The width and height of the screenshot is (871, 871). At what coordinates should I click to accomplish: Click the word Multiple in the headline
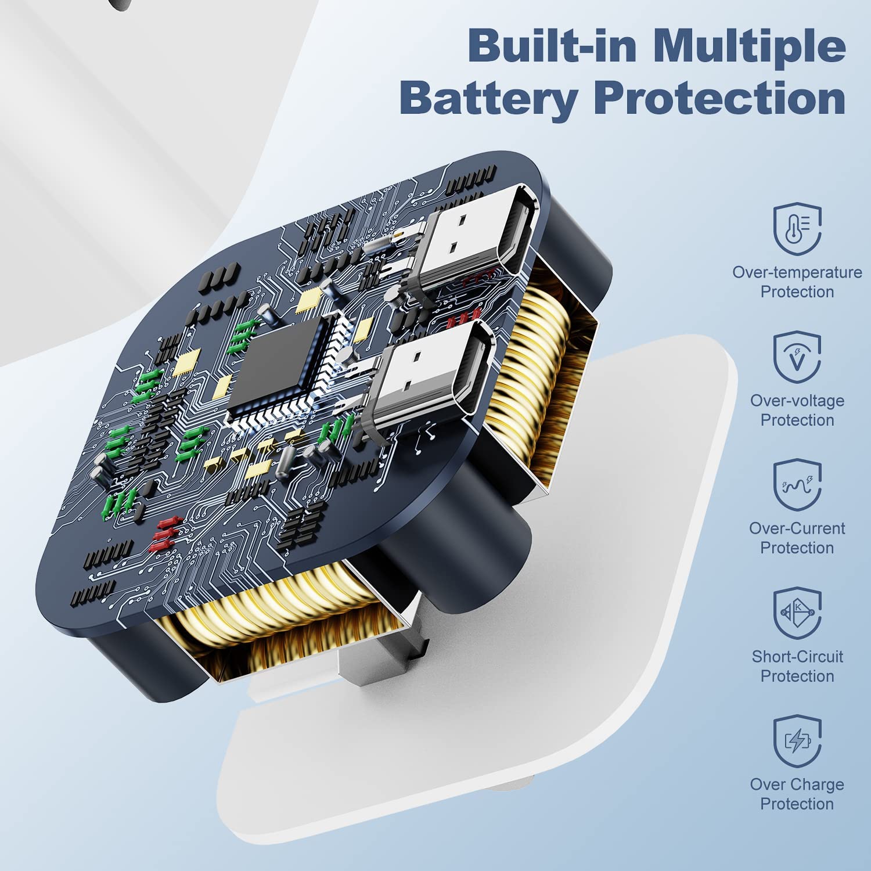749,46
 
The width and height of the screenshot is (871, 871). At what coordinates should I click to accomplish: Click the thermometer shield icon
797,229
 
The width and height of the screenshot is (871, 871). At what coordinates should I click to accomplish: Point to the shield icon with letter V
797,357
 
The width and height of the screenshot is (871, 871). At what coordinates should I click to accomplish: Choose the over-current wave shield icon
797,485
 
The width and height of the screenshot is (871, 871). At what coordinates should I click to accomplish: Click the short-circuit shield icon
797,613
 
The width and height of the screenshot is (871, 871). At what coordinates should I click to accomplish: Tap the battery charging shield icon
797,740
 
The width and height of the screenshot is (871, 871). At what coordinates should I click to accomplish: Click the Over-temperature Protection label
797,282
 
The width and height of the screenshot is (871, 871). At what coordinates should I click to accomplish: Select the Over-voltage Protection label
797,410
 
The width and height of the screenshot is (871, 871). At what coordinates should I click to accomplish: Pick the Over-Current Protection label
797,538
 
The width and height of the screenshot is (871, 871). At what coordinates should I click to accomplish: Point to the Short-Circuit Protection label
797,666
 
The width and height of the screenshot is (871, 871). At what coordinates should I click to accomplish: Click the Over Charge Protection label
797,794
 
